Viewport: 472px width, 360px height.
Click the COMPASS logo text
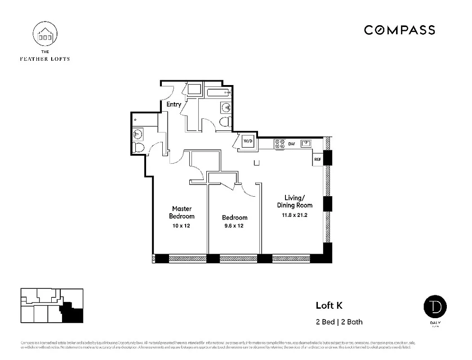point(399,30)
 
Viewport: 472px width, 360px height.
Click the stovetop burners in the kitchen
point(280,144)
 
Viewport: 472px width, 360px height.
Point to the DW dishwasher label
point(292,144)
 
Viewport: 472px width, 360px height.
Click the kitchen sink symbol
point(307,144)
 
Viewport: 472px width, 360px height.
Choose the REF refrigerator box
point(317,159)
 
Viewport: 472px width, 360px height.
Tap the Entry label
point(174,104)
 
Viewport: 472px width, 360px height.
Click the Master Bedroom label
point(182,212)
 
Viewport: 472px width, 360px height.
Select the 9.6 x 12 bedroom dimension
point(234,226)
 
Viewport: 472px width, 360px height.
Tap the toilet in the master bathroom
point(138,147)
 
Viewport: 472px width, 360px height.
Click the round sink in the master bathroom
point(138,133)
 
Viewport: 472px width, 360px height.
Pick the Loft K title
point(329,306)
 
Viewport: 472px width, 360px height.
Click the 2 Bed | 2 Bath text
point(339,322)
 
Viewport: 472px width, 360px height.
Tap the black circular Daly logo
point(435,307)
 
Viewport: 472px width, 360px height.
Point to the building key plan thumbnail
point(52,306)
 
